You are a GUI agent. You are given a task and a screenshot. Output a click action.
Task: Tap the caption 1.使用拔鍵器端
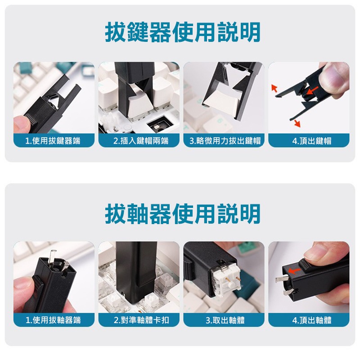pyautogui.click(x=54, y=141)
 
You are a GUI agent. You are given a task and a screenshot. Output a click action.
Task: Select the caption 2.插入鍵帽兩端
pyautogui.click(x=139, y=141)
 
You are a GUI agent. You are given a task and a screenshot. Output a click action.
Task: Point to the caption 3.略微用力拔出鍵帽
pyautogui.click(x=224, y=141)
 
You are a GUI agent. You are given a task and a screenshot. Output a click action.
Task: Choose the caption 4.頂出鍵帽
pyautogui.click(x=309, y=141)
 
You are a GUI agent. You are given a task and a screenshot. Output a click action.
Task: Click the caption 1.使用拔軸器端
pyautogui.click(x=54, y=320)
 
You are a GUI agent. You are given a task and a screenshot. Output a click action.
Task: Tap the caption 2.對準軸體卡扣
pyautogui.click(x=139, y=320)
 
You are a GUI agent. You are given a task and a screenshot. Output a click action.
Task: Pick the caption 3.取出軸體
pyautogui.click(x=224, y=320)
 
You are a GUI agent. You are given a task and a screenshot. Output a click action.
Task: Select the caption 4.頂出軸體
pyautogui.click(x=309, y=320)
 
